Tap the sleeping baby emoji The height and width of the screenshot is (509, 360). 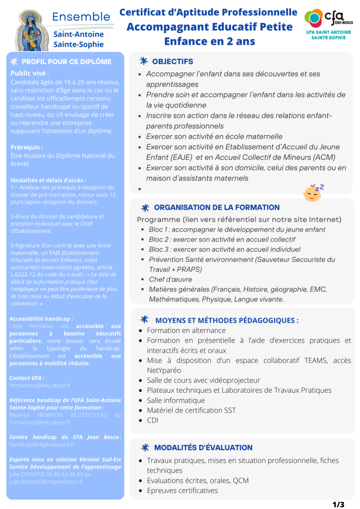313,192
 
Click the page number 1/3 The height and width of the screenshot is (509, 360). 338,504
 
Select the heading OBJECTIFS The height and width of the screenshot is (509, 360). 172,62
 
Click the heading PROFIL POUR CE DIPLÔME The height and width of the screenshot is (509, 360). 66,62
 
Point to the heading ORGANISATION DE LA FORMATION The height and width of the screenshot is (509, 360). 217,207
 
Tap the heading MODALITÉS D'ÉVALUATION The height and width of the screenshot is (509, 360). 203,447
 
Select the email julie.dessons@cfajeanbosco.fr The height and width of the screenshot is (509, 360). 46,481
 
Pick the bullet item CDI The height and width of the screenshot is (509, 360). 152,421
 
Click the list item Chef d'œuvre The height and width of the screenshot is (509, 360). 170,279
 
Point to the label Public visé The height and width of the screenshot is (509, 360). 30,73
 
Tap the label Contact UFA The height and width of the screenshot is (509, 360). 27,378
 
